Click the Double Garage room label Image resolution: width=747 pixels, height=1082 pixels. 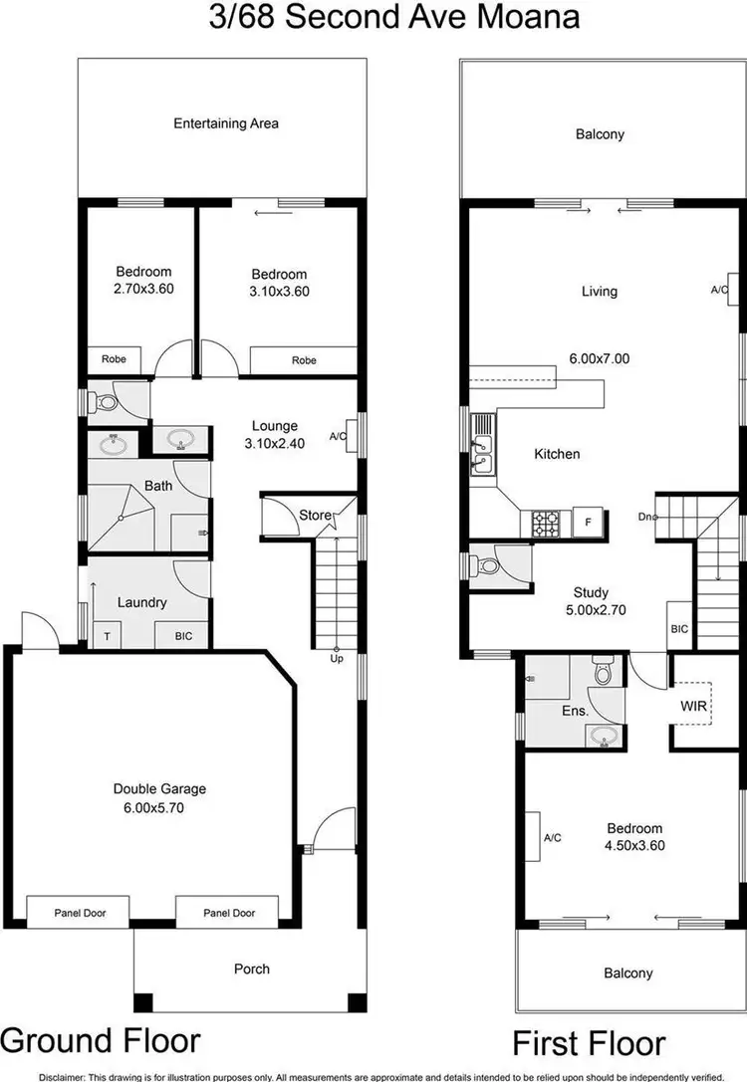[159, 789]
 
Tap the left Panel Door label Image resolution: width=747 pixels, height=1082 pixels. [79, 913]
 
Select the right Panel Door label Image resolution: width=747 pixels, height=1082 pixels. [228, 913]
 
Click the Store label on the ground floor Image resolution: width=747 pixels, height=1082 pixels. [315, 515]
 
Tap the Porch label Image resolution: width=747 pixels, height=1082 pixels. [251, 969]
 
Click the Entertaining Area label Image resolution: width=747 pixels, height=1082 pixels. [226, 124]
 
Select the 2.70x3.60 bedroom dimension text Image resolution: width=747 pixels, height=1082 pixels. [144, 289]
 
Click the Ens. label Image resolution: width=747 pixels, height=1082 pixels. [575, 712]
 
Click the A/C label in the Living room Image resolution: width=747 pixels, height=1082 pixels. [719, 290]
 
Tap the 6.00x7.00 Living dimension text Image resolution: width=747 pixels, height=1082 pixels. [599, 359]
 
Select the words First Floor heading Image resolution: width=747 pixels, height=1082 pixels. [589, 1045]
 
